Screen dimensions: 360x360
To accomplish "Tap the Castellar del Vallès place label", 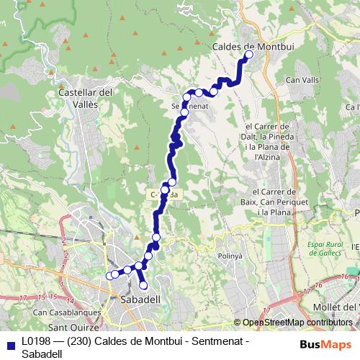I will coord(85,98).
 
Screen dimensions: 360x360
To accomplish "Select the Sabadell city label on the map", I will coord(140,298).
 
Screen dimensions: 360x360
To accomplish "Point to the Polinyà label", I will coord(240,256).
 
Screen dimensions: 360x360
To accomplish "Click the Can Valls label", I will coord(302,79).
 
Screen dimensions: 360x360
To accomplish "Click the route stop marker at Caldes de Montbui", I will coord(250,54).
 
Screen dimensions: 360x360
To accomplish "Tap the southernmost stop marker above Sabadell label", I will coord(143,286).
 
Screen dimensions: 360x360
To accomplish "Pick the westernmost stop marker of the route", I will coord(110,275).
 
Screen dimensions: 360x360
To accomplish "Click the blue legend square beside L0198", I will coord(9,343).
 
